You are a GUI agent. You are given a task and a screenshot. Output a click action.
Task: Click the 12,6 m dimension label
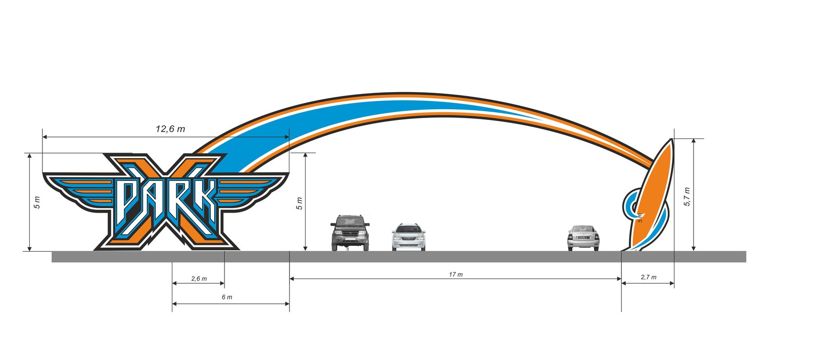[170, 129]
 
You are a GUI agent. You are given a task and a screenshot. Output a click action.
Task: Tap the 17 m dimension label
[455, 275]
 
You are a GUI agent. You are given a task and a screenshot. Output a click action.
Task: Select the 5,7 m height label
[687, 196]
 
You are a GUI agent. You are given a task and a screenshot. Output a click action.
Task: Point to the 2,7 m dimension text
[648, 277]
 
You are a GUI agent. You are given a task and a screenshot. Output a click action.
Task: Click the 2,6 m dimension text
[199, 279]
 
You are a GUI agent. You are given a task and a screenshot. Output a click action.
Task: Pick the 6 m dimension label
[227, 297]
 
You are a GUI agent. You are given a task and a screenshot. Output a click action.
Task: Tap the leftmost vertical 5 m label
[37, 202]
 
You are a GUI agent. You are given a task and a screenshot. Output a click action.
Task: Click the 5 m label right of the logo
[300, 203]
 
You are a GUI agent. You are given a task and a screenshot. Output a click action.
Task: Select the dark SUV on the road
[350, 233]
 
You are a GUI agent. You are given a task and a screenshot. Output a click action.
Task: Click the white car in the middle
[409, 238]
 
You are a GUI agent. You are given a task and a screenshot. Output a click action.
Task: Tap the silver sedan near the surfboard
[583, 238]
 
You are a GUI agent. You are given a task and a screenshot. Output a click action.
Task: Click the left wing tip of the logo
[45, 175]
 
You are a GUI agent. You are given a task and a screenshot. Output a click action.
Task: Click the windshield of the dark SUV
[350, 221]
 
